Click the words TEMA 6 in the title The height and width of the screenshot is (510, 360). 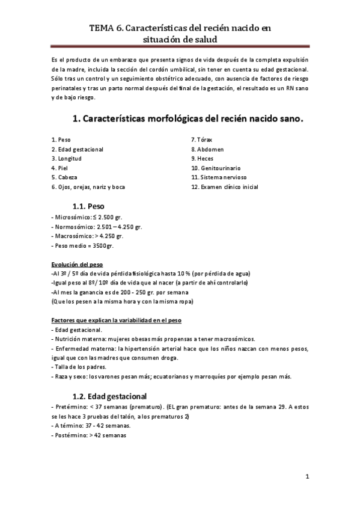pyautogui.click(x=105, y=28)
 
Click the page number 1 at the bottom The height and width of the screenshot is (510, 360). pyautogui.click(x=307, y=477)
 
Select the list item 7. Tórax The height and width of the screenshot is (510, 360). pyautogui.click(x=203, y=140)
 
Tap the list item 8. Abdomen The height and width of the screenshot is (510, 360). pyautogui.click(x=207, y=149)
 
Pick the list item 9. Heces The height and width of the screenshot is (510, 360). pyautogui.click(x=202, y=159)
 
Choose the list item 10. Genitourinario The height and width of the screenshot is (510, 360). pyautogui.click(x=216, y=168)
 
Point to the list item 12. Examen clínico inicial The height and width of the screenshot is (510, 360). pyautogui.click(x=225, y=187)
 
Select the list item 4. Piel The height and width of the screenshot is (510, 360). pyautogui.click(x=59, y=168)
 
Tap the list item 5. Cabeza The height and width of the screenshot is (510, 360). pyautogui.click(x=64, y=178)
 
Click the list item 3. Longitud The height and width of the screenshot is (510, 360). pyautogui.click(x=66, y=159)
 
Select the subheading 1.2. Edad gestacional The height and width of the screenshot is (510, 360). pyautogui.click(x=109, y=397)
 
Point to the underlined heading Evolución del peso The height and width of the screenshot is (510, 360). pyautogui.click(x=77, y=264)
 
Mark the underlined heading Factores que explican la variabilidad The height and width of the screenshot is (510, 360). pyautogui.click(x=117, y=320)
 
